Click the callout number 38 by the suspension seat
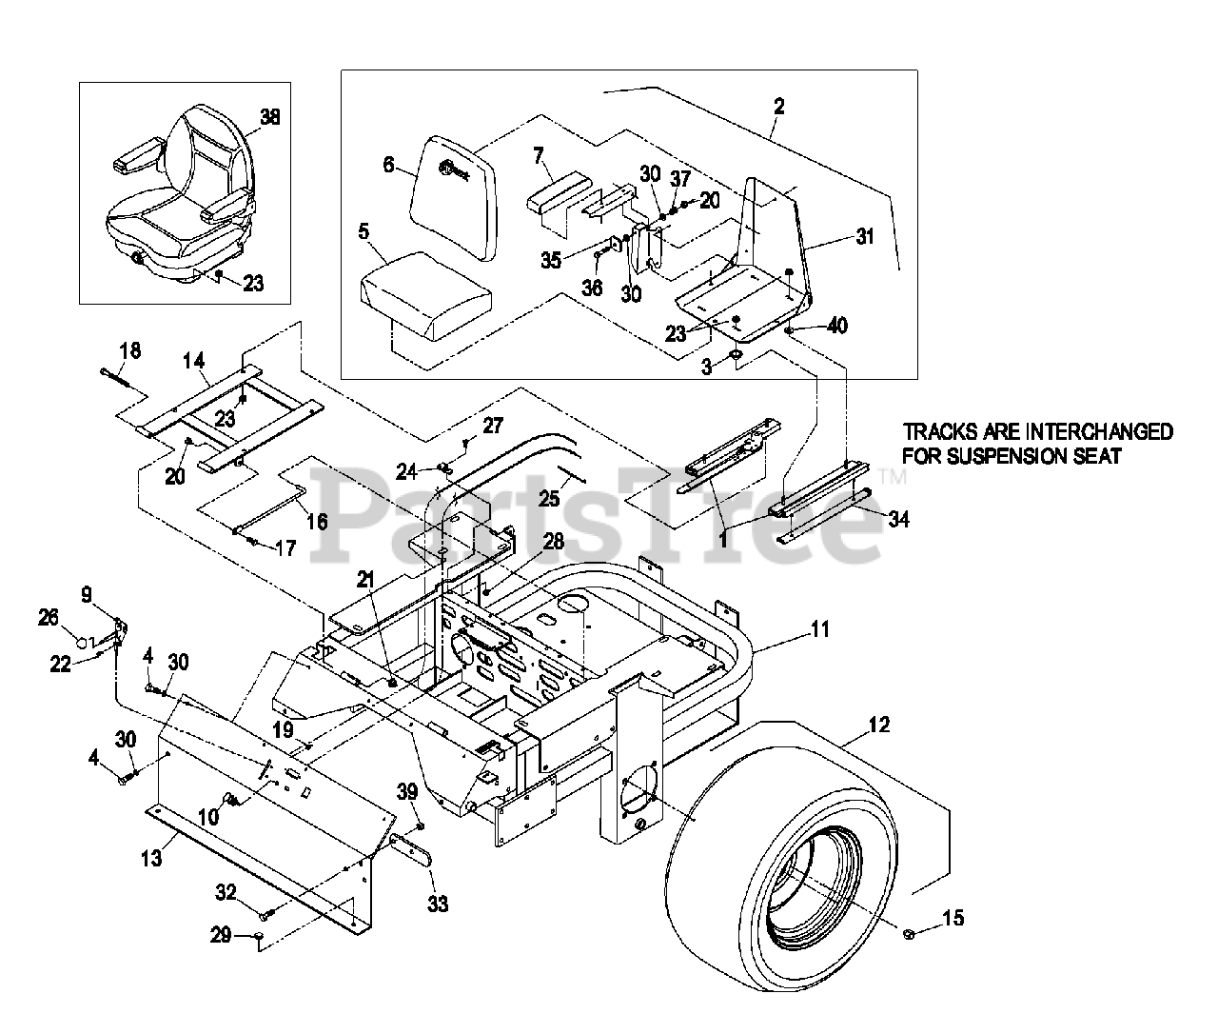coord(270,117)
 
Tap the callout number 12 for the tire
coord(879,725)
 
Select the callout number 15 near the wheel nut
coord(953,918)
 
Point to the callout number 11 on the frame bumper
coord(820,628)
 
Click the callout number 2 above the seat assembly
coord(778,106)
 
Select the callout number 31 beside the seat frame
coord(863,238)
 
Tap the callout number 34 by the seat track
coord(898,519)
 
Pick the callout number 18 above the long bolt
coord(129,350)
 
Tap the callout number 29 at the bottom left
coord(221,936)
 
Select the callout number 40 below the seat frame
coord(836,326)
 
